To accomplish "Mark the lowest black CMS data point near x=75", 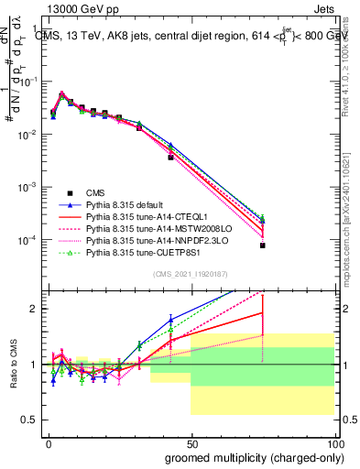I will click(262, 245).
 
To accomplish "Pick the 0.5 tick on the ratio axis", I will click(30, 420).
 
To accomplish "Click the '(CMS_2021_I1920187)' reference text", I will click(191, 274).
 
